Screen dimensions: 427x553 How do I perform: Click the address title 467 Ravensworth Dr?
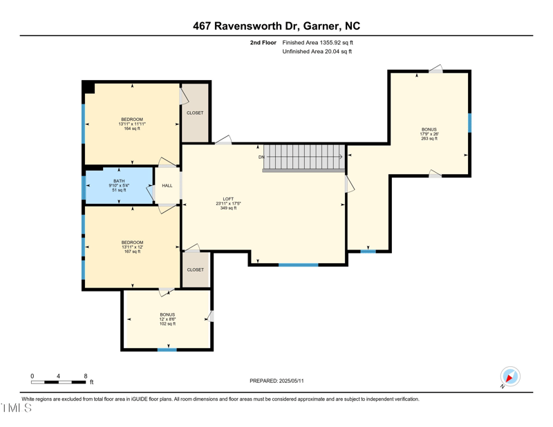pos(276,26)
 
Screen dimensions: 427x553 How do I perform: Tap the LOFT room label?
pos(227,199)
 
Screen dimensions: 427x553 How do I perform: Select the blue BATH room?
pos(119,186)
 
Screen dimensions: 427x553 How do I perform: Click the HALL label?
pos(167,186)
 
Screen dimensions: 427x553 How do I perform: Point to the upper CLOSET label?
pos(195,113)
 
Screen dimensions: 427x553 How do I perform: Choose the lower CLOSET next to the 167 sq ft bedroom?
pos(195,269)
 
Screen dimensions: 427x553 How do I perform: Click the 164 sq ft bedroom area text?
pos(132,129)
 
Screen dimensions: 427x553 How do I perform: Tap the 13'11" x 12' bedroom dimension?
pos(132,247)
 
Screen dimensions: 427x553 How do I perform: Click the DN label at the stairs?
pos(262,157)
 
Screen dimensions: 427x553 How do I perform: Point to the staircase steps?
pos(305,157)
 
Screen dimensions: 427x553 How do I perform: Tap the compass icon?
pos(510,377)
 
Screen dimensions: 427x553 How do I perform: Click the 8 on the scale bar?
pos(85,376)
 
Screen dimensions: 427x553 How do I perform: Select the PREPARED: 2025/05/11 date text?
pos(276,381)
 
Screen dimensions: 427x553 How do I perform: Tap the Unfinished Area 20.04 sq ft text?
pos(317,51)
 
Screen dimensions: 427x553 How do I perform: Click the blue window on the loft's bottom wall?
pos(299,265)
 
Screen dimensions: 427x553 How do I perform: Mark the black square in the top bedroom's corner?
pos(88,87)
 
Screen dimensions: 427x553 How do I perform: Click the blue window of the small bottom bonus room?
pos(167,350)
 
